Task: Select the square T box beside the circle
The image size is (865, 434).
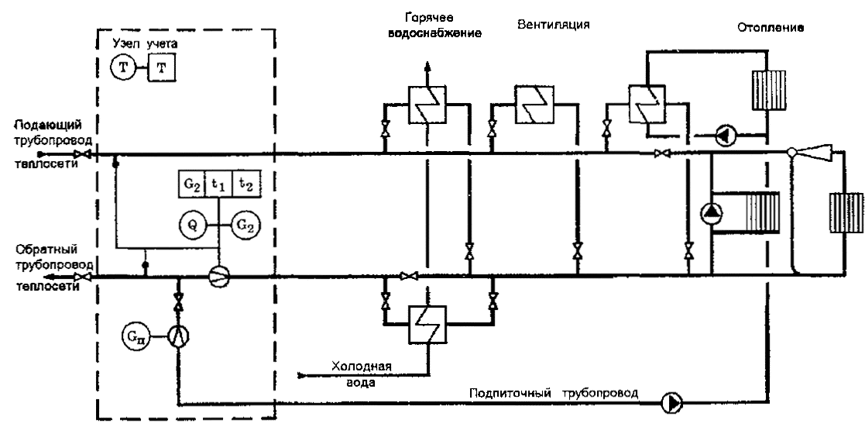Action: coord(161,69)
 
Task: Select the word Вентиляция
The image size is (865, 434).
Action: coord(554,24)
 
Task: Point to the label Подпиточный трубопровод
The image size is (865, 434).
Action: coord(554,393)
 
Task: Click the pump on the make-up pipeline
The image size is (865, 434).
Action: coord(671,401)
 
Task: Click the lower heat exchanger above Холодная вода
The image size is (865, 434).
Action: coord(425,322)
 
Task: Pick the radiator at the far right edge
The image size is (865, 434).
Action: coord(845,213)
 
